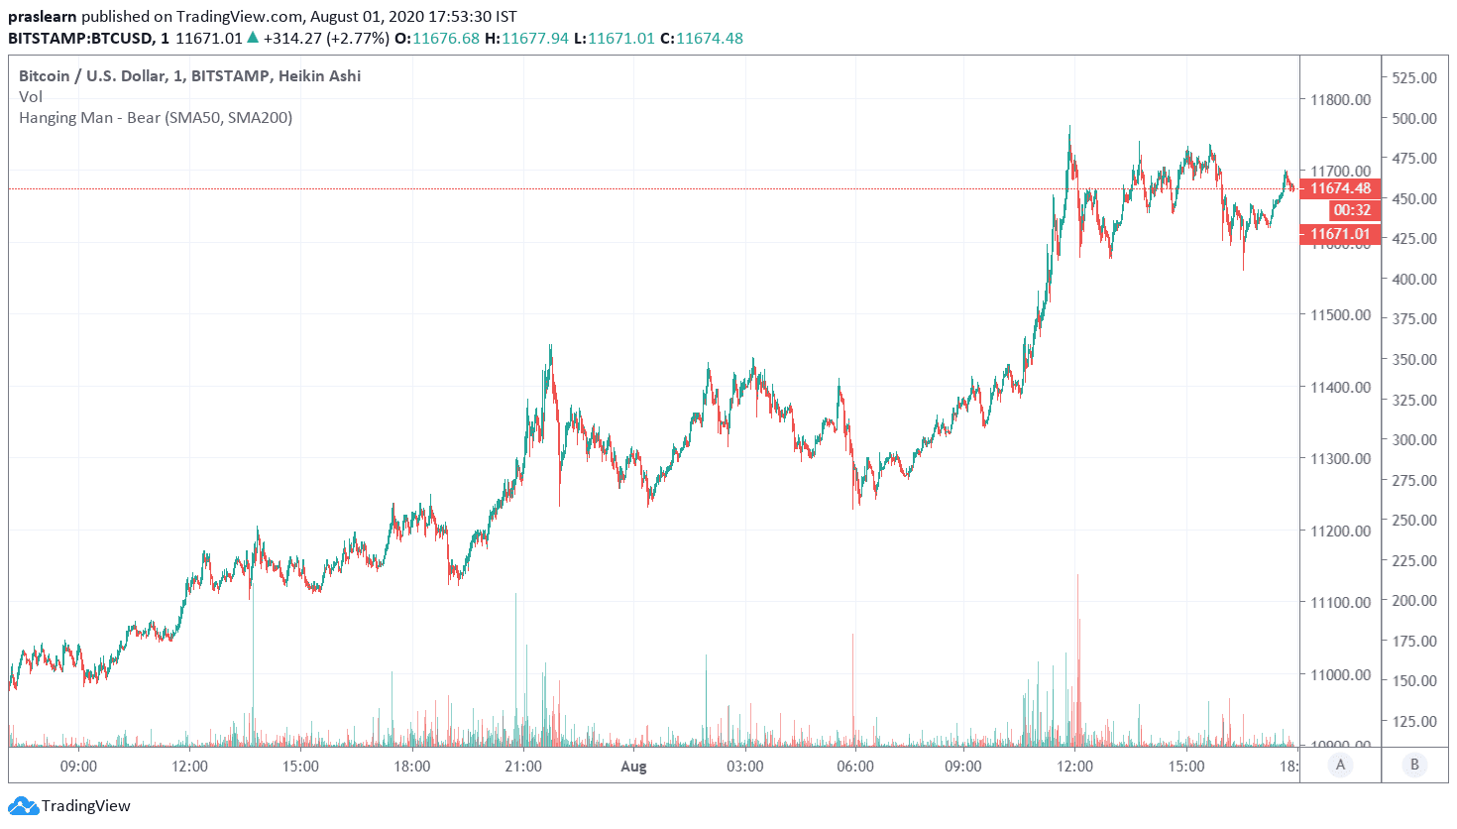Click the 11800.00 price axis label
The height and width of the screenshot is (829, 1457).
1340,99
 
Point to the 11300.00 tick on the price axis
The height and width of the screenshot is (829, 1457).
1340,459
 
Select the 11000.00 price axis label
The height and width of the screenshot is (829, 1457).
1340,674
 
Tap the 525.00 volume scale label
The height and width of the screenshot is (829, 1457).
1414,77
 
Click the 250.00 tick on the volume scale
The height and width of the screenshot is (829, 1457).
1414,520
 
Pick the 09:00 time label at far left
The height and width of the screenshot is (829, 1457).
78,766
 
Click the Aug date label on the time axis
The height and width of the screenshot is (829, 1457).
633,766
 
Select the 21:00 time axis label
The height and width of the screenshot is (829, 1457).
523,766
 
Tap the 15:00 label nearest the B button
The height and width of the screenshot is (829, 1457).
1185,766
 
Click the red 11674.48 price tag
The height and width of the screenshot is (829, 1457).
1340,188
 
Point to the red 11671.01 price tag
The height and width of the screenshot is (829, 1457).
1340,234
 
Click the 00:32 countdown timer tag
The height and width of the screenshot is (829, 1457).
1352,210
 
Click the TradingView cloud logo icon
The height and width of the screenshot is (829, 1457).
23,806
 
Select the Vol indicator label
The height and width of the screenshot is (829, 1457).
31,96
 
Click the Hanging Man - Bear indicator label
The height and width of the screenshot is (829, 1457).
156,117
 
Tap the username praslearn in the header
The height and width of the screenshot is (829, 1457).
42,17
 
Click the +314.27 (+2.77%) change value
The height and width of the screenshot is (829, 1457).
325,38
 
